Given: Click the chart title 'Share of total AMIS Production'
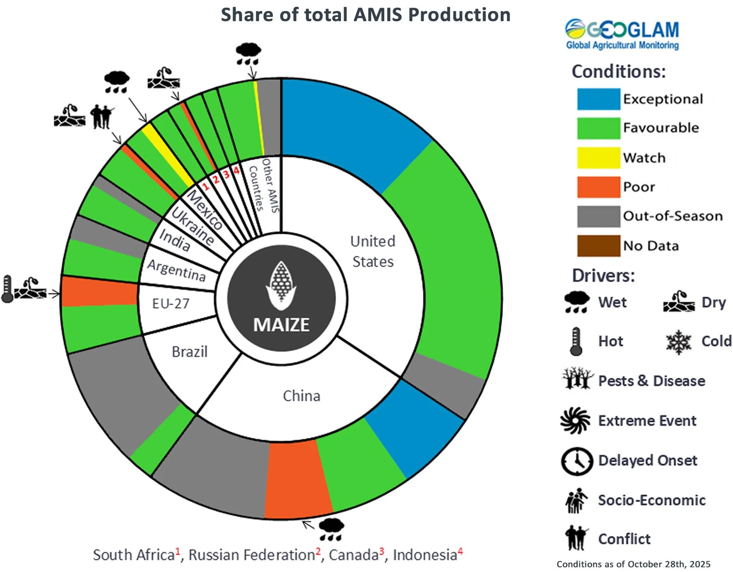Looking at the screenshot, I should click(366, 15).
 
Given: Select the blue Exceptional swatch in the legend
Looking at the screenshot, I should click(598, 99).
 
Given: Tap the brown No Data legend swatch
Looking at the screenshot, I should click(598, 246).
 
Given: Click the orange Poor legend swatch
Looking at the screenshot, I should click(598, 187).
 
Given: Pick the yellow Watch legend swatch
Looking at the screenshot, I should click(598, 158).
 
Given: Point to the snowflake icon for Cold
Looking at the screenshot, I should click(678, 342).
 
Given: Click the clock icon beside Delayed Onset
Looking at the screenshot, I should click(577, 461).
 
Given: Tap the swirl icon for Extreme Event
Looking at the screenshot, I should click(575, 421).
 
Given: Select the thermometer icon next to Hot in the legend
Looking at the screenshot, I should click(575, 341).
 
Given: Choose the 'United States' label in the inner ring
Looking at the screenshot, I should click(373, 252).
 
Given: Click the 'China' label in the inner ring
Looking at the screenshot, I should click(301, 396).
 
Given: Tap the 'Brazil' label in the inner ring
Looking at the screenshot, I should click(189, 352).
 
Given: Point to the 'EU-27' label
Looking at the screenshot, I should click(170, 303).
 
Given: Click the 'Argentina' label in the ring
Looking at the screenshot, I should click(176, 270).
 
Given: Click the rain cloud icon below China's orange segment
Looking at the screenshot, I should click(331, 529).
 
